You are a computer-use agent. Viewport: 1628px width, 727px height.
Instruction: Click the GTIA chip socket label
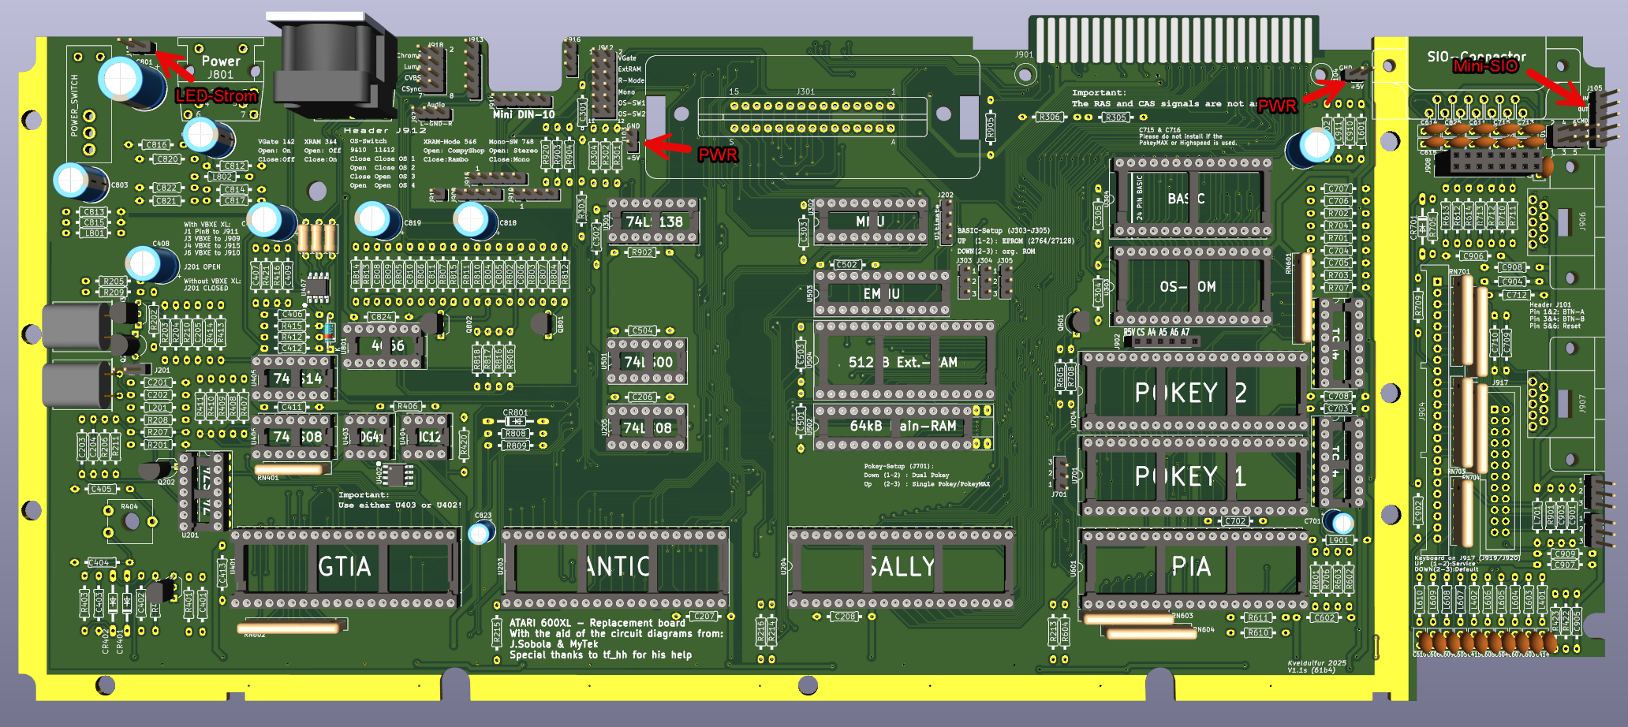point(344,567)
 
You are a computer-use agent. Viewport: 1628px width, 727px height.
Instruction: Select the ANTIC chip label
point(618,567)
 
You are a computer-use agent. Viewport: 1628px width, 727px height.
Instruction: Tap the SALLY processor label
point(901,567)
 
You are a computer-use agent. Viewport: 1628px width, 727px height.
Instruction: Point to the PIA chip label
point(1190,567)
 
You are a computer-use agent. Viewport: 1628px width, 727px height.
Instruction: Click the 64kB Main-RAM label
point(902,427)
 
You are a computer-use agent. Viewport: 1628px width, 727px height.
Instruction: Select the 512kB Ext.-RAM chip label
point(902,363)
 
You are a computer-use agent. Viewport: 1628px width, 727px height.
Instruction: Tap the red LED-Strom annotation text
point(216,96)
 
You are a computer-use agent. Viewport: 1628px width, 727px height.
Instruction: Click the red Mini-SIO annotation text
point(1485,66)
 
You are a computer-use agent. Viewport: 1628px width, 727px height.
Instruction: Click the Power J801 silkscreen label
point(221,67)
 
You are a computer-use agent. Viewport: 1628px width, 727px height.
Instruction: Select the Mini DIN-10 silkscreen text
point(524,115)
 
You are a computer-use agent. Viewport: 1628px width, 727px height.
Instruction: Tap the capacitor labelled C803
point(79,182)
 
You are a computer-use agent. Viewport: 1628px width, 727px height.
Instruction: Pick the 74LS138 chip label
point(654,222)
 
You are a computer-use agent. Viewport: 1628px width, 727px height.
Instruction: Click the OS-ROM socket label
point(1187,287)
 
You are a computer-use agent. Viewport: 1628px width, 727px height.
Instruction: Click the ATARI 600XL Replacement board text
point(597,623)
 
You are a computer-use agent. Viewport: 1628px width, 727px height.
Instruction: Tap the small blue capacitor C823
point(479,534)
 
